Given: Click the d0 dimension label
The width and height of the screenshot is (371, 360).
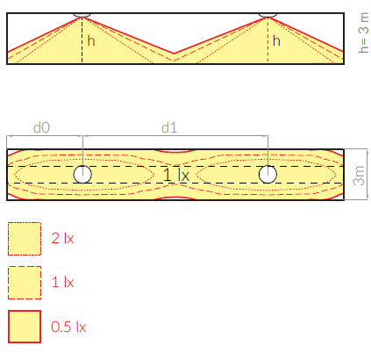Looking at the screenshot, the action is point(42,128).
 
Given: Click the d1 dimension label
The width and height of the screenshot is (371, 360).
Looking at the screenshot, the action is point(169,128).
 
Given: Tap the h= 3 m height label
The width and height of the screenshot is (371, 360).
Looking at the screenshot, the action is point(363,32).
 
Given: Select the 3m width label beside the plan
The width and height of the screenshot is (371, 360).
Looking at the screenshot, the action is point(359,176).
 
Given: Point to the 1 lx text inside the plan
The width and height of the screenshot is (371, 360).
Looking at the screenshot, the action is point(176,175).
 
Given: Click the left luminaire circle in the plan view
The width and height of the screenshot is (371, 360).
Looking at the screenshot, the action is point(82,174).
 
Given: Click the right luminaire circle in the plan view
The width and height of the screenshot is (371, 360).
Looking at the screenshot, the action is point(268,174).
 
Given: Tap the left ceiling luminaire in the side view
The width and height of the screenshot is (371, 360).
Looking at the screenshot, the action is point(82,15).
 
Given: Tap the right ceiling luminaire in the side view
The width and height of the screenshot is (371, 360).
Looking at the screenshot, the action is point(268,15).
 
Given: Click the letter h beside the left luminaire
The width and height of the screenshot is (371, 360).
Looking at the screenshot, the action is point(91,40).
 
